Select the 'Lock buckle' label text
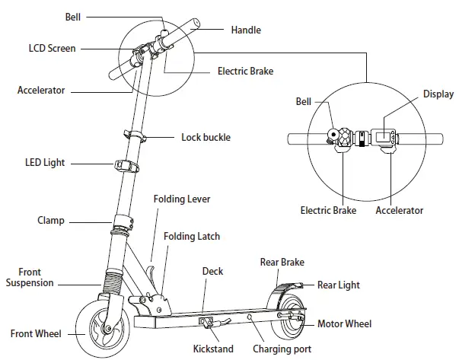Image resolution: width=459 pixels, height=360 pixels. pyautogui.click(x=206, y=138)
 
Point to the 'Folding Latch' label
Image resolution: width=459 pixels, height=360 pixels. pyautogui.click(x=195, y=237)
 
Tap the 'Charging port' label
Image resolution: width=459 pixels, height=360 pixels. pyautogui.click(x=282, y=349)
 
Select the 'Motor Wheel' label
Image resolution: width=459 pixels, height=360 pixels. pyautogui.click(x=344, y=323)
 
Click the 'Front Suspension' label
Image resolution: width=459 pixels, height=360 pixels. pyautogui.click(x=30, y=278)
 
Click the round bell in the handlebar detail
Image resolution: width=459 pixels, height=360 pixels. pyautogui.click(x=332, y=135)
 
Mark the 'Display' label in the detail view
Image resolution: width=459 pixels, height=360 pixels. pyautogui.click(x=438, y=94)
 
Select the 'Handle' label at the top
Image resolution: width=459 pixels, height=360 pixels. pyautogui.click(x=246, y=30)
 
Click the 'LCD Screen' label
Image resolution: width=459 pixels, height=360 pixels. pyautogui.click(x=46, y=48)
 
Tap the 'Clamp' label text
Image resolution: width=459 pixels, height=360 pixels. pyautogui.click(x=51, y=221)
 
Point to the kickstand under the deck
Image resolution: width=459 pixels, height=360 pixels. pyautogui.click(x=212, y=325)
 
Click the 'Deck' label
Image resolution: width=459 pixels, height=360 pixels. pyautogui.click(x=212, y=271)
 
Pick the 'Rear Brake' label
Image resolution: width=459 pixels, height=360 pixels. pyautogui.click(x=282, y=262)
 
